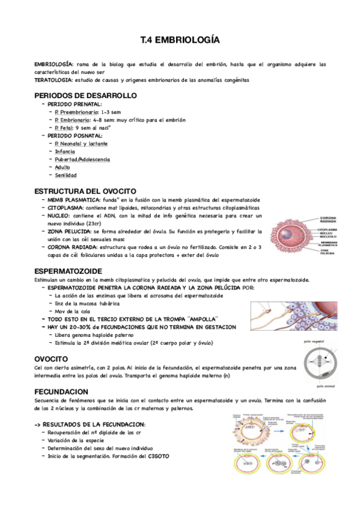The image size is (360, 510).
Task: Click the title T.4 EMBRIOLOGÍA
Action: coord(180,41)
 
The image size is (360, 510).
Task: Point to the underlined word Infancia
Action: coord(65,152)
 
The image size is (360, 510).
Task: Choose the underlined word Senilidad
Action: coord(66,175)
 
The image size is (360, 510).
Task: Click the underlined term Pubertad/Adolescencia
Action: coord(82,159)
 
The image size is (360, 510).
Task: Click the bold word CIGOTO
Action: coord(158,456)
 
